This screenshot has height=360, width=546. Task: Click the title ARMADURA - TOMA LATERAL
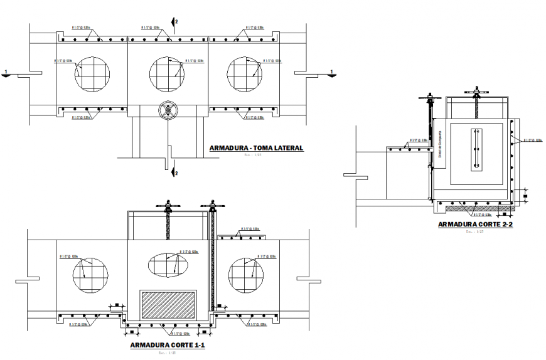[x=257, y=149]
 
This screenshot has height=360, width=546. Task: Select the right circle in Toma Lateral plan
[x=244, y=73]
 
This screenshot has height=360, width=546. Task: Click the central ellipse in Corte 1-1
[x=168, y=264]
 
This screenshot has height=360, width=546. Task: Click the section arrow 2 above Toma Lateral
[x=175, y=23]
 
